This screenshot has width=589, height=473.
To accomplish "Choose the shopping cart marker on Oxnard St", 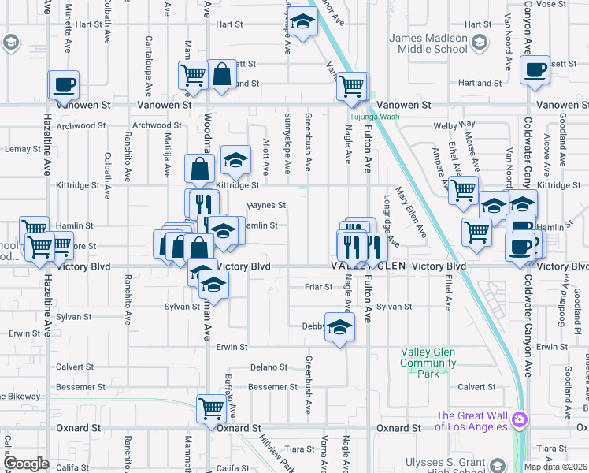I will [211, 408].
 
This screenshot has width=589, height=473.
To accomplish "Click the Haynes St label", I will [266, 205].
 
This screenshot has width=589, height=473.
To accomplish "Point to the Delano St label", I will [269, 367].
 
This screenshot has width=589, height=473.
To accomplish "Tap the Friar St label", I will [318, 287].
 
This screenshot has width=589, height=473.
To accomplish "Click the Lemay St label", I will [23, 148].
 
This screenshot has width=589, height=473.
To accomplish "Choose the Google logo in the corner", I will [26, 464].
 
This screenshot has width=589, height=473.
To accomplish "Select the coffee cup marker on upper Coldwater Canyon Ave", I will [535, 69].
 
